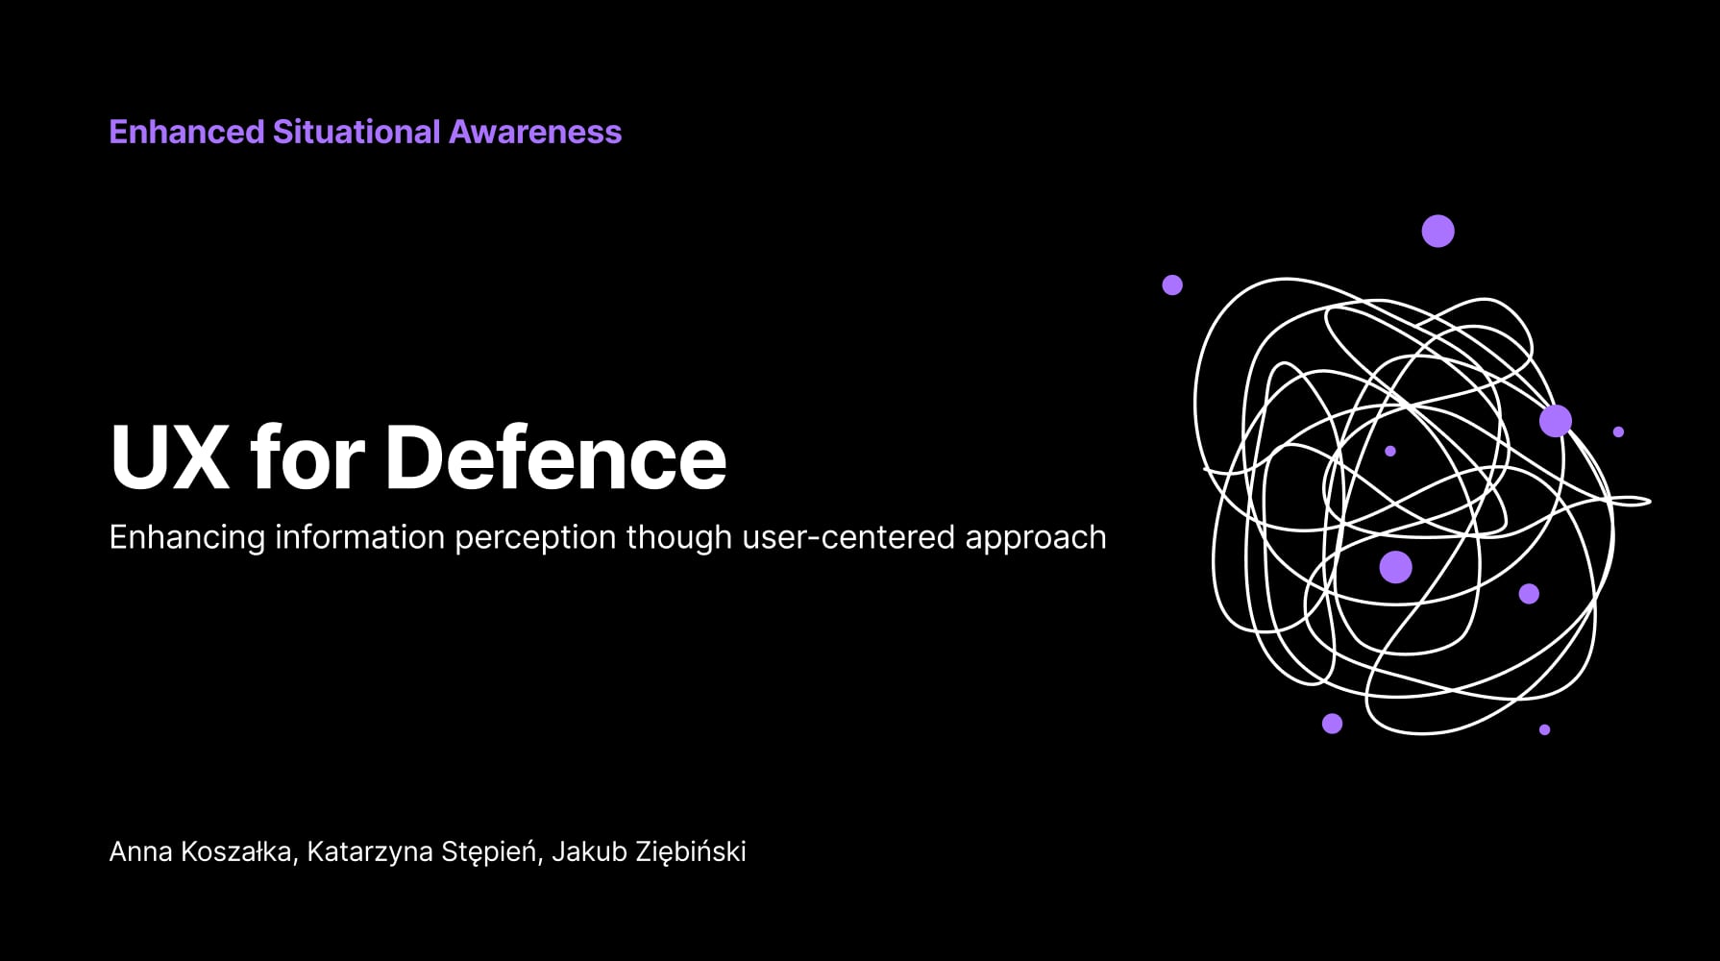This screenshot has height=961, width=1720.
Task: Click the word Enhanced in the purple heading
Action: [x=186, y=132]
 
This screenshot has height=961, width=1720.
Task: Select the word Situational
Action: [x=356, y=132]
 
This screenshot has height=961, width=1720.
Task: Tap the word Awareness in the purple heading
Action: [x=535, y=132]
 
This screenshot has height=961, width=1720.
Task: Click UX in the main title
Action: [x=170, y=457]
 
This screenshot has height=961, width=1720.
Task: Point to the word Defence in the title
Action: [x=555, y=457]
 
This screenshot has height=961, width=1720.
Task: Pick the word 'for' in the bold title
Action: [x=307, y=457]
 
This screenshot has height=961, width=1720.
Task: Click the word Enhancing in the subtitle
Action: [x=186, y=538]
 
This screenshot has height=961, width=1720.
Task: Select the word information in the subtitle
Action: [x=360, y=536]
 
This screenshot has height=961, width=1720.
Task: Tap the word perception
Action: [x=535, y=538]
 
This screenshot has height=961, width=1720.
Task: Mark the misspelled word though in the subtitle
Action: [x=679, y=538]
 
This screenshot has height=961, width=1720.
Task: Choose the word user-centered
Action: [x=849, y=537]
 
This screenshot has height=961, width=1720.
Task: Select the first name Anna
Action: [x=141, y=851]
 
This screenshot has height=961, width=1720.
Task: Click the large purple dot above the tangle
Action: [x=1437, y=231]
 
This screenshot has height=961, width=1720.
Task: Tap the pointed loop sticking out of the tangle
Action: [x=1631, y=501]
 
